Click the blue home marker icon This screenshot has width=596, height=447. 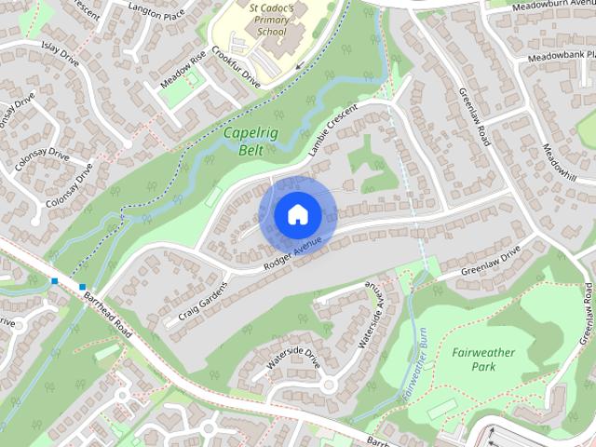pos(297,214)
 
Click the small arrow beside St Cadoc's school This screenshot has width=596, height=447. pos(300,65)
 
